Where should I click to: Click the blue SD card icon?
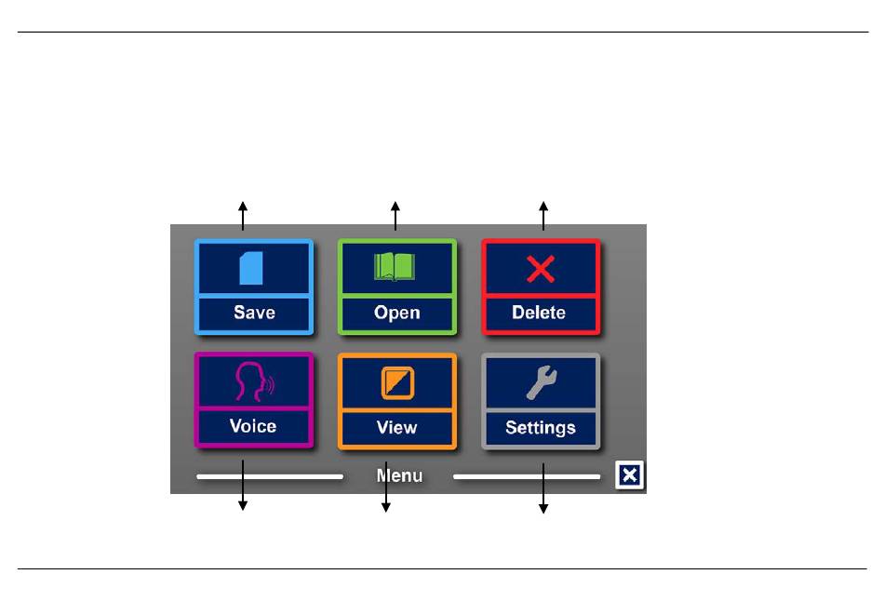[251, 268]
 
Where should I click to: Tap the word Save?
[254, 313]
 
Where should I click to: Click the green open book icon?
[395, 267]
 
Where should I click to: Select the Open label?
[397, 313]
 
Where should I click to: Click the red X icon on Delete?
[541, 268]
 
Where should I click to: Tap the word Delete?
[539, 313]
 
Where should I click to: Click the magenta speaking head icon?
[254, 381]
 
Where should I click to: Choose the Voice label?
[252, 426]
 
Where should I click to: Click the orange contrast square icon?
[397, 382]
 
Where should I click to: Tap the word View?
[397, 427]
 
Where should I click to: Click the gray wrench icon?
[542, 382]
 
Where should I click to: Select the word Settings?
[540, 428]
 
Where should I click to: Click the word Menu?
[399, 475]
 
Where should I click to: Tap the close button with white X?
[629, 475]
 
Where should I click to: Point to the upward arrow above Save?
[243, 216]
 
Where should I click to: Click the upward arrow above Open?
[395, 216]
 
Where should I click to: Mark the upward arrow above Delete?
[543, 216]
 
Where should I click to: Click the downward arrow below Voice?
[243, 486]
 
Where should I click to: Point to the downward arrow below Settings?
[543, 488]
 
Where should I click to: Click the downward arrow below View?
[386, 487]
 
